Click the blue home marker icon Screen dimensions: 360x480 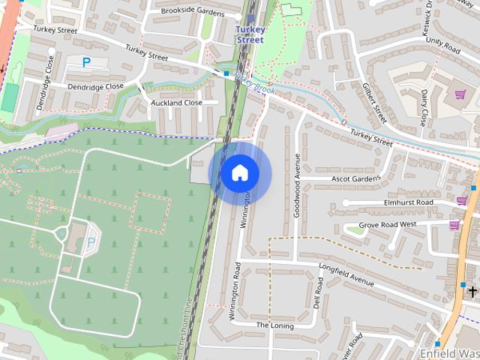[x=239, y=173]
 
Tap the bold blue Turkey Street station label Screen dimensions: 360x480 [x=250, y=34]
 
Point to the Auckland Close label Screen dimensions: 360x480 [x=177, y=103]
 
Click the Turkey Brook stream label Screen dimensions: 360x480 [x=255, y=83]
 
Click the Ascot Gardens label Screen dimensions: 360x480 [x=356, y=179]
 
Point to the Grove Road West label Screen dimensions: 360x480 [x=388, y=224]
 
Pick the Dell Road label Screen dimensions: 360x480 [x=319, y=293]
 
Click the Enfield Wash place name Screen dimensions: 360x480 [x=449, y=352]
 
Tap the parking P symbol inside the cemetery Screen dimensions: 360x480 [x=91, y=241]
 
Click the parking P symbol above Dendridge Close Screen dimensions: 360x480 [x=86, y=63]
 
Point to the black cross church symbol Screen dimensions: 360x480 [x=473, y=290]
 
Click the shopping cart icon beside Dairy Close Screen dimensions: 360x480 [x=459, y=95]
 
